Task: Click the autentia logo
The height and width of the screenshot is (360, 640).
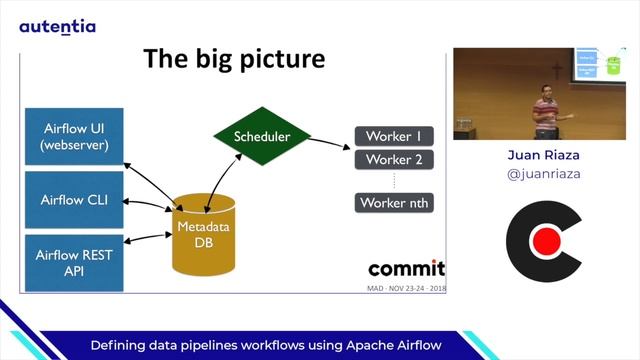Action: [58, 26]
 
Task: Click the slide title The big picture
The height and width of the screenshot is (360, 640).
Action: [234, 58]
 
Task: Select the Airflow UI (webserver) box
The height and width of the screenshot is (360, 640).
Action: [75, 137]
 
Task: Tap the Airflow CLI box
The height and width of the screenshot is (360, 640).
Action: [75, 199]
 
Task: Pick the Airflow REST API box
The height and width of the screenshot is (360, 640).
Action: [75, 263]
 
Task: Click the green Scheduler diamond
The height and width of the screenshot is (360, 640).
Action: [262, 136]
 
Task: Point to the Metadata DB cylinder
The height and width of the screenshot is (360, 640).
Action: [203, 236]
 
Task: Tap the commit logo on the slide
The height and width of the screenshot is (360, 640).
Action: [406, 268]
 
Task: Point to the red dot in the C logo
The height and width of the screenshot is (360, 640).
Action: [545, 241]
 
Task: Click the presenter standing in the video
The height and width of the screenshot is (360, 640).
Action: [544, 112]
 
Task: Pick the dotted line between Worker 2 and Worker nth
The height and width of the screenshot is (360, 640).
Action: [394, 181]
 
